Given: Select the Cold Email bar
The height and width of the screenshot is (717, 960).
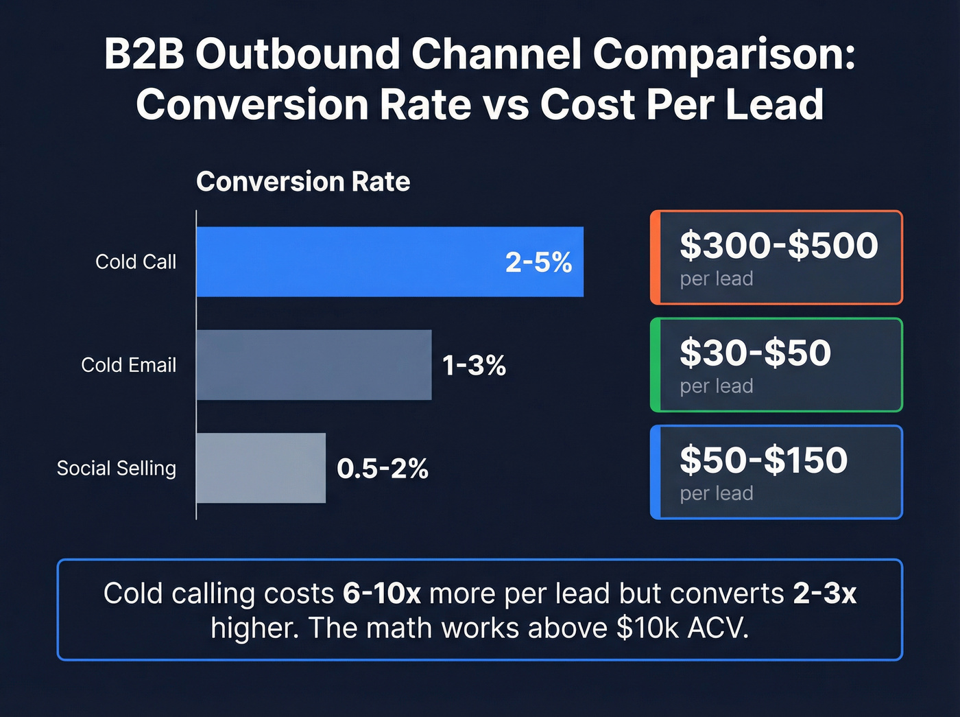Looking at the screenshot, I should [x=314, y=364].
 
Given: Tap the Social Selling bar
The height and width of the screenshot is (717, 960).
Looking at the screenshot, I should [x=261, y=468].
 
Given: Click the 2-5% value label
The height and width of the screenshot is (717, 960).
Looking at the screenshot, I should [x=538, y=262].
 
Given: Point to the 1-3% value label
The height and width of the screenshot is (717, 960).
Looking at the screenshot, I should [x=474, y=365].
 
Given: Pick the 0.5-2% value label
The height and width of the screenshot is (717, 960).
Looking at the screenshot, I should [x=382, y=469].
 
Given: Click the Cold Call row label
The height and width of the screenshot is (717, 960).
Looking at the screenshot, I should [x=136, y=261].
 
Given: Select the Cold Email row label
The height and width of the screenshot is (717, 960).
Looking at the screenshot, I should [x=129, y=365].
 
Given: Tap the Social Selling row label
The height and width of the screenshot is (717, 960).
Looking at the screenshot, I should [x=117, y=468].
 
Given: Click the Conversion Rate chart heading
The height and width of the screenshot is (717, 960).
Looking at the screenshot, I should [x=303, y=182].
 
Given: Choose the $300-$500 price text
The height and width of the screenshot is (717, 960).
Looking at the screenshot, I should [x=778, y=245].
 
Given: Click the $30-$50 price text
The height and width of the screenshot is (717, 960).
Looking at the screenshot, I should [x=755, y=353].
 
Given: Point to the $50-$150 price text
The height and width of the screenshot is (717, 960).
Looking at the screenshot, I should [x=763, y=460].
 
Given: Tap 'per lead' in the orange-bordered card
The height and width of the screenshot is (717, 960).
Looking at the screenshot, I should [x=717, y=279].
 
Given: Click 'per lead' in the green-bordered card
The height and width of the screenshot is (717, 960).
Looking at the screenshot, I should [x=717, y=386].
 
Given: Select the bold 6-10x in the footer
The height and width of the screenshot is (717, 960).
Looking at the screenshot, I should [x=381, y=593].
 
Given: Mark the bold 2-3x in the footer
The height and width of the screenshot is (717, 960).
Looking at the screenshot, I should [x=824, y=593].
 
